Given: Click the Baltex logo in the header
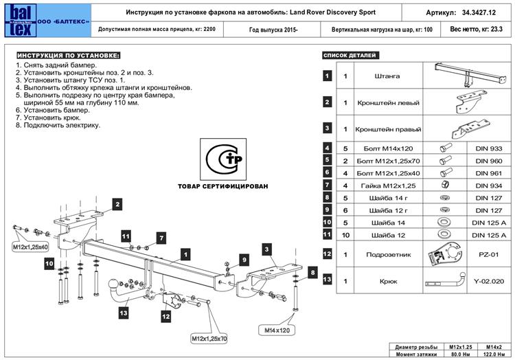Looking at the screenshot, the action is (x=20, y=21).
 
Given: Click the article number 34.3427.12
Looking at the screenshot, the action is (x=479, y=13).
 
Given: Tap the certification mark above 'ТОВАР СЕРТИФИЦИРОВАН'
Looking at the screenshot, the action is (x=223, y=159).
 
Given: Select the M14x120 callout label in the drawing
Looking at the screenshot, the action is (x=277, y=330).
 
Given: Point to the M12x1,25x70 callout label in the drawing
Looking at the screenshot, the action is (x=209, y=339).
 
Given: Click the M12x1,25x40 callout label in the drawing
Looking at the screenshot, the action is (x=30, y=247).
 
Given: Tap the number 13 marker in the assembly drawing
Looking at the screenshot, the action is (x=124, y=313).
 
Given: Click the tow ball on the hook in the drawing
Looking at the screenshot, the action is (x=113, y=284).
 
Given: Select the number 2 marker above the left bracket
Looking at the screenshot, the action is (x=117, y=204).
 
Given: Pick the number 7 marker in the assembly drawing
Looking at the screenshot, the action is (x=161, y=238).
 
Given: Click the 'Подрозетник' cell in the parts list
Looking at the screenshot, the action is (x=388, y=255).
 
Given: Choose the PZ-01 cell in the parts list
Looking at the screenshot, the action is (x=489, y=255).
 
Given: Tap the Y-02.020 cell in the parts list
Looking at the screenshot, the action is (x=489, y=281).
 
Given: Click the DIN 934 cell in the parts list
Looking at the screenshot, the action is (x=489, y=185).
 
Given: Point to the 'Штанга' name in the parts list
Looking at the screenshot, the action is (x=387, y=76).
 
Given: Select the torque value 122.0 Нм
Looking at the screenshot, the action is (x=494, y=355).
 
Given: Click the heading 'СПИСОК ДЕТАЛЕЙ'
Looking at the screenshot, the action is (x=350, y=55).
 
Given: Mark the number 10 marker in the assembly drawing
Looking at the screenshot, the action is (x=49, y=263).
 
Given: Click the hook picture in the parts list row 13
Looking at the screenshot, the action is (x=446, y=280).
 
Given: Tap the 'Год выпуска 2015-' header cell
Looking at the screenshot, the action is (x=273, y=30).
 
